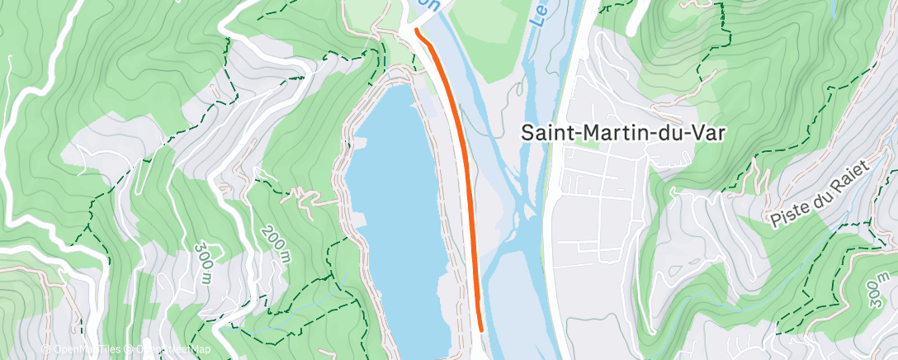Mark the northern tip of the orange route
[x=418, y=32]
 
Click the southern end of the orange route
[x=480, y=330]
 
